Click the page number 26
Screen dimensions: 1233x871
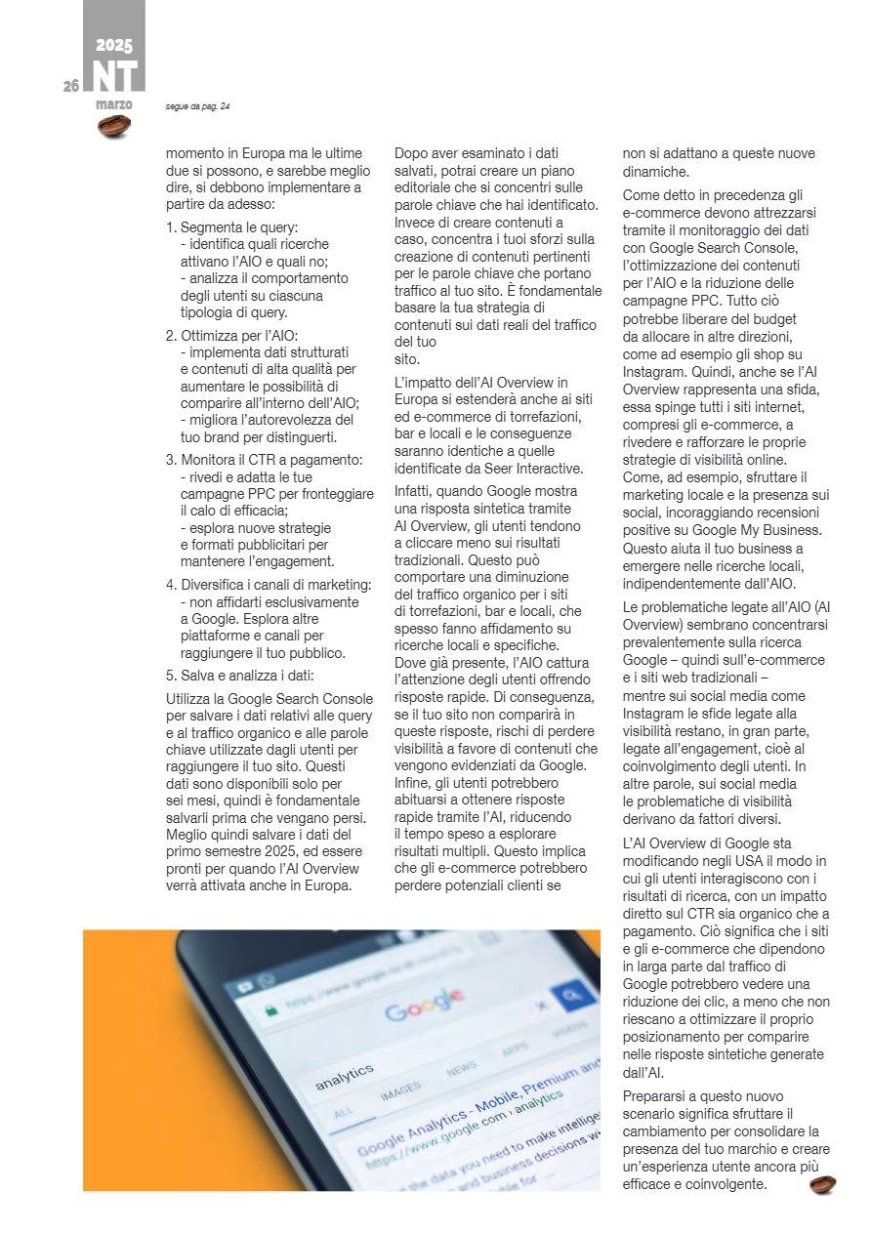(x=71, y=86)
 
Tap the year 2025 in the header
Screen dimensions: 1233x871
(x=114, y=45)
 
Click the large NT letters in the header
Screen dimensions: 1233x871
(x=114, y=76)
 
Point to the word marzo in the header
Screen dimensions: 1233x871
(x=114, y=103)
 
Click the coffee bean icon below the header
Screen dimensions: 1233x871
(x=114, y=126)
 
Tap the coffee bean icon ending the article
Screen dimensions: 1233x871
(x=822, y=1184)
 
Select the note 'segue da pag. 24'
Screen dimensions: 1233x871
(x=198, y=106)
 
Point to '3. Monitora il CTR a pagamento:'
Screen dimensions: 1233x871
(x=264, y=460)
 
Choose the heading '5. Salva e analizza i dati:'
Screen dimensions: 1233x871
(x=241, y=676)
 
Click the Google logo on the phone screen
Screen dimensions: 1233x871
(x=425, y=1005)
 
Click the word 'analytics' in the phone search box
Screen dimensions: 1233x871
(x=344, y=1076)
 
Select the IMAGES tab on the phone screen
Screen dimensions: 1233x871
(x=400, y=1087)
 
